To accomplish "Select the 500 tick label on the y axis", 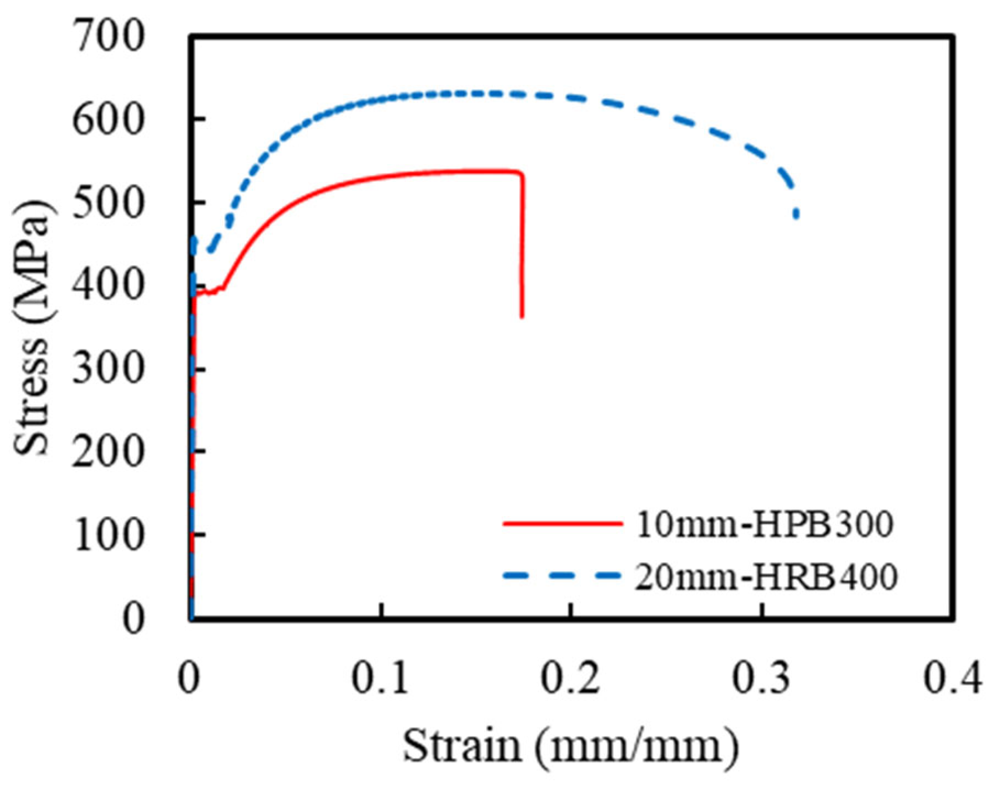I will pyautogui.click(x=108, y=203).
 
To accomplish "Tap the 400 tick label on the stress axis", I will pyautogui.click(x=108, y=286).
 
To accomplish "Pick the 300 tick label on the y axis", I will pyautogui.click(x=108, y=369).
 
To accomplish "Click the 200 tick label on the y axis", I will pyautogui.click(x=108, y=452).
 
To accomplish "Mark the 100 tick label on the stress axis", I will pyautogui.click(x=108, y=535).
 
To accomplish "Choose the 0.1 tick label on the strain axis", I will pyautogui.click(x=381, y=679).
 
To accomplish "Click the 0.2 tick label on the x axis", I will pyautogui.click(x=571, y=679).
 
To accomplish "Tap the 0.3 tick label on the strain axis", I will pyautogui.click(x=762, y=679).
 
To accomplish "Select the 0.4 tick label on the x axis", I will pyautogui.click(x=952, y=679).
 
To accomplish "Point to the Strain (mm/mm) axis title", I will pyautogui.click(x=571, y=746).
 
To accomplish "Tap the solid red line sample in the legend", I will pyautogui.click(x=562, y=523).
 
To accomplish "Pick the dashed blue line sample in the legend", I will pyautogui.click(x=562, y=576).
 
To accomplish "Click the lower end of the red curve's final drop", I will pyautogui.click(x=522, y=316).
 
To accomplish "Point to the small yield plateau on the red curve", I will pyautogui.click(x=210, y=291).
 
